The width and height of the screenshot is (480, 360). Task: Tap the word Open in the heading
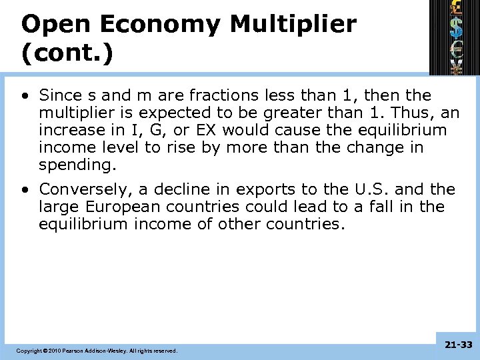click(53, 25)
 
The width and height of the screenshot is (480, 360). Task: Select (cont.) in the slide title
click(67, 54)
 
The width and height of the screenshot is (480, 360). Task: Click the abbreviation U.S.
click(371, 189)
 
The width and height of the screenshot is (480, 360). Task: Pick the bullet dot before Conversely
click(24, 189)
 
